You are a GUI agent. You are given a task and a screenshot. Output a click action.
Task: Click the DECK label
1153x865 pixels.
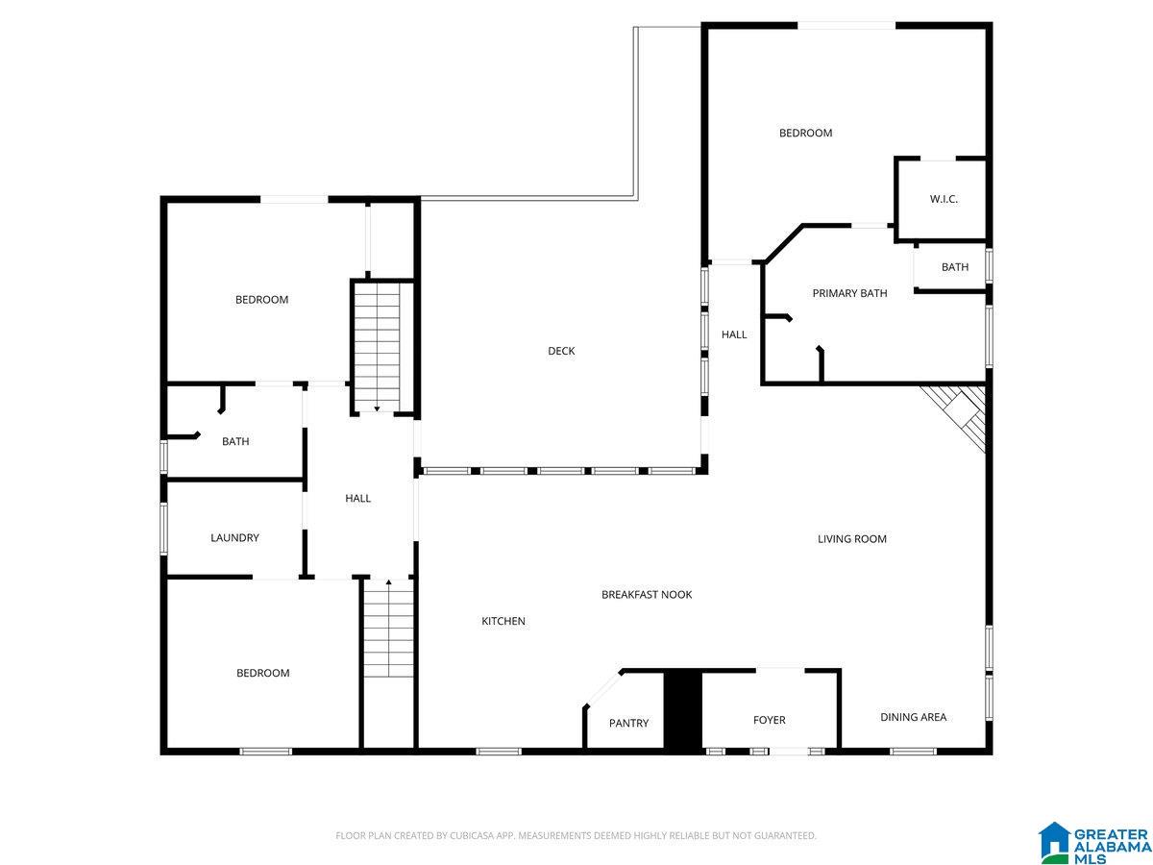click(x=561, y=351)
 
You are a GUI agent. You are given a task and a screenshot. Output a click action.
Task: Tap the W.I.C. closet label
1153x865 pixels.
click(x=944, y=199)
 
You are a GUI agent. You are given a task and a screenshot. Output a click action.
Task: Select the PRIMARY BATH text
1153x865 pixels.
click(x=849, y=293)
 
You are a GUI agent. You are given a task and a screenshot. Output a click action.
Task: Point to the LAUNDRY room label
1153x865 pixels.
click(x=234, y=538)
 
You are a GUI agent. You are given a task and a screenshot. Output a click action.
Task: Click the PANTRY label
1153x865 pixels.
click(x=628, y=723)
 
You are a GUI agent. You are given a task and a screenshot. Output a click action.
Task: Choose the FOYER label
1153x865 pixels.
click(x=769, y=720)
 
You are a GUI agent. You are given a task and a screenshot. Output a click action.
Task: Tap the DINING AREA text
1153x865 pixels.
click(x=913, y=717)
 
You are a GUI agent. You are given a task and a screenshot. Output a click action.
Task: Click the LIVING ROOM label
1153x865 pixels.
click(x=851, y=539)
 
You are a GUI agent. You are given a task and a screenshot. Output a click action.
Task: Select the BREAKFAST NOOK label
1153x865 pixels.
click(x=647, y=595)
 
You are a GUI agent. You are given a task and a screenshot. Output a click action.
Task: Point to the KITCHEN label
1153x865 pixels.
click(x=503, y=621)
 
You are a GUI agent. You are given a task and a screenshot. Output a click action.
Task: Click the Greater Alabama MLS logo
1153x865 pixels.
click(x=1094, y=843)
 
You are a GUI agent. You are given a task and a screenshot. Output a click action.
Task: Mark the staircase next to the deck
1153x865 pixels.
click(x=381, y=346)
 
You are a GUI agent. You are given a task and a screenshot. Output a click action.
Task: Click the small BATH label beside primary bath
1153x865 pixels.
click(x=954, y=267)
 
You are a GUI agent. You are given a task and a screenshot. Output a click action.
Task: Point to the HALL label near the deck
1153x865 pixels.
click(x=734, y=334)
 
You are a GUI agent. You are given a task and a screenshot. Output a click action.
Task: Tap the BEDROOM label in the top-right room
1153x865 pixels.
click(x=805, y=133)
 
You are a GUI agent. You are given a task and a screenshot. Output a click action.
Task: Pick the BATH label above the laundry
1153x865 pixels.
click(x=235, y=442)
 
